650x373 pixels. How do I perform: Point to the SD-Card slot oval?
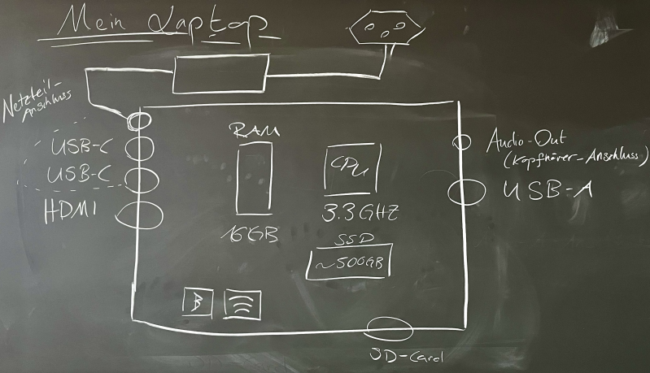click(x=390, y=328)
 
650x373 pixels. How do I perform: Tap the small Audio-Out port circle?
click(x=461, y=141)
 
